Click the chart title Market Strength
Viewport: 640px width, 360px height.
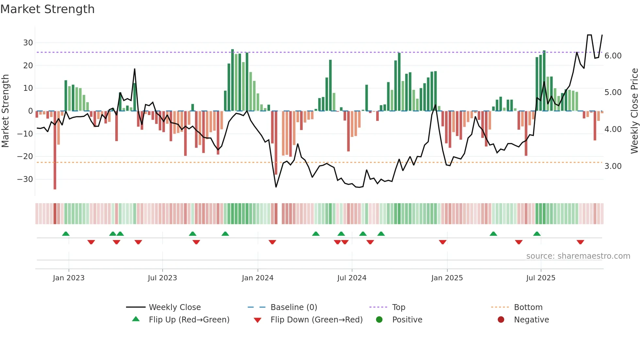point(47,9)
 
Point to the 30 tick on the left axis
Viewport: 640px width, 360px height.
point(28,43)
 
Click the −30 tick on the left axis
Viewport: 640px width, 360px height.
point(25,179)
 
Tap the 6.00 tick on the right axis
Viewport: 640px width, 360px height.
point(613,56)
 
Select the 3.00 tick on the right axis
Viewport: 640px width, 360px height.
point(613,166)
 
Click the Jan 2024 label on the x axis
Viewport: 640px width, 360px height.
point(257,278)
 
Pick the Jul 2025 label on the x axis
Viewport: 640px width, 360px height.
point(540,278)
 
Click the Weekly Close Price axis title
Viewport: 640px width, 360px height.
point(634,111)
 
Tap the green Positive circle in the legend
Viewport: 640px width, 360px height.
point(379,319)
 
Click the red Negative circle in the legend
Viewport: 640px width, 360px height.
point(501,319)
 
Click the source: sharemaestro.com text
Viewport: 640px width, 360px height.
point(578,256)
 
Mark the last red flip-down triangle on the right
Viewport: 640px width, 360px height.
point(580,242)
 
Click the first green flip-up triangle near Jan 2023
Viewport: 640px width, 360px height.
point(66,234)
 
